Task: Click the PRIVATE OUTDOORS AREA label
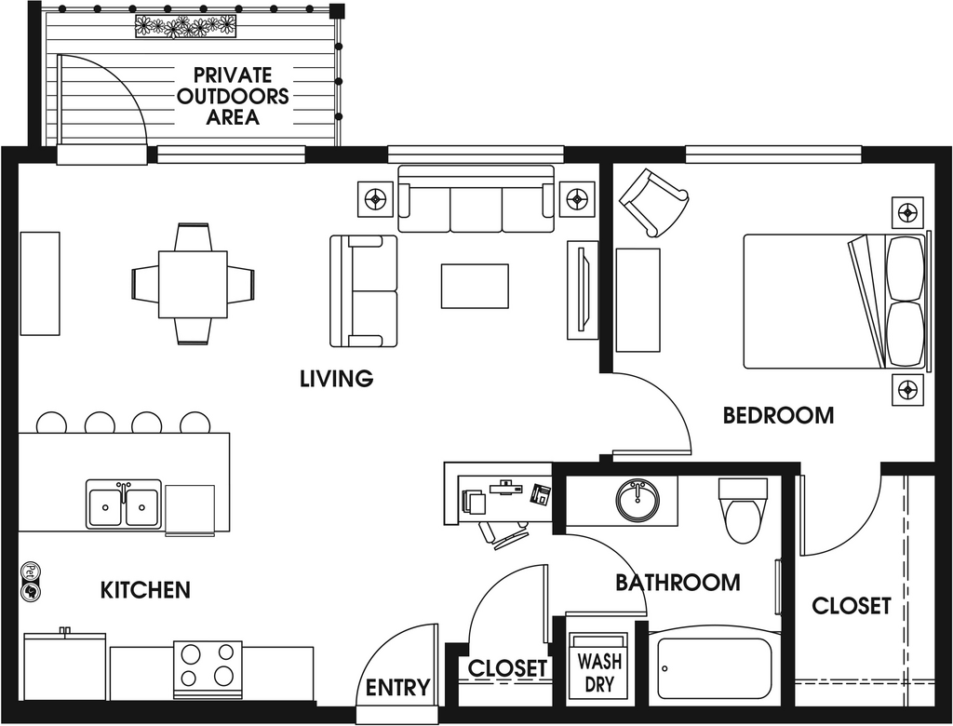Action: (232, 96)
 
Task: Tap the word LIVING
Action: (337, 378)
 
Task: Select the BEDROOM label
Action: (779, 415)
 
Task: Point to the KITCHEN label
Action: (145, 590)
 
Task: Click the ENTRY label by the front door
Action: (398, 688)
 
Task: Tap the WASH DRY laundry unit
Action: (599, 665)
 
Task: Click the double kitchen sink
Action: (124, 504)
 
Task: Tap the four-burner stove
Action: (208, 669)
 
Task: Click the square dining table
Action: (194, 284)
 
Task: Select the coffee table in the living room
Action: (475, 287)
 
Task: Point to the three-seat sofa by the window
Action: (476, 199)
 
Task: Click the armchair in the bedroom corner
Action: (653, 203)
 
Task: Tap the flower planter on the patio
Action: (185, 26)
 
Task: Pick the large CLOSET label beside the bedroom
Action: (852, 606)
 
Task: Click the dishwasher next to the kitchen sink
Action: (190, 509)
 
